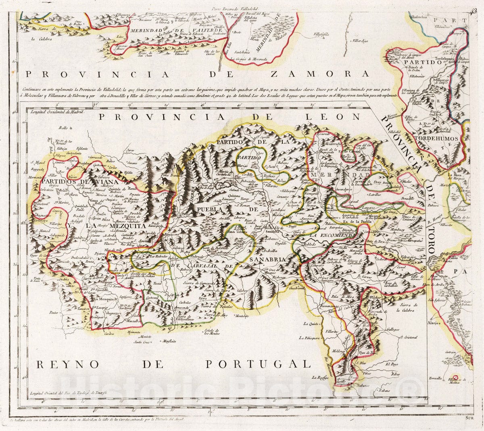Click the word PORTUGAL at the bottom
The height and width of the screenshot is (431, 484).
point(258,364)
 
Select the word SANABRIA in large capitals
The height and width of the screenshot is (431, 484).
point(267,259)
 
